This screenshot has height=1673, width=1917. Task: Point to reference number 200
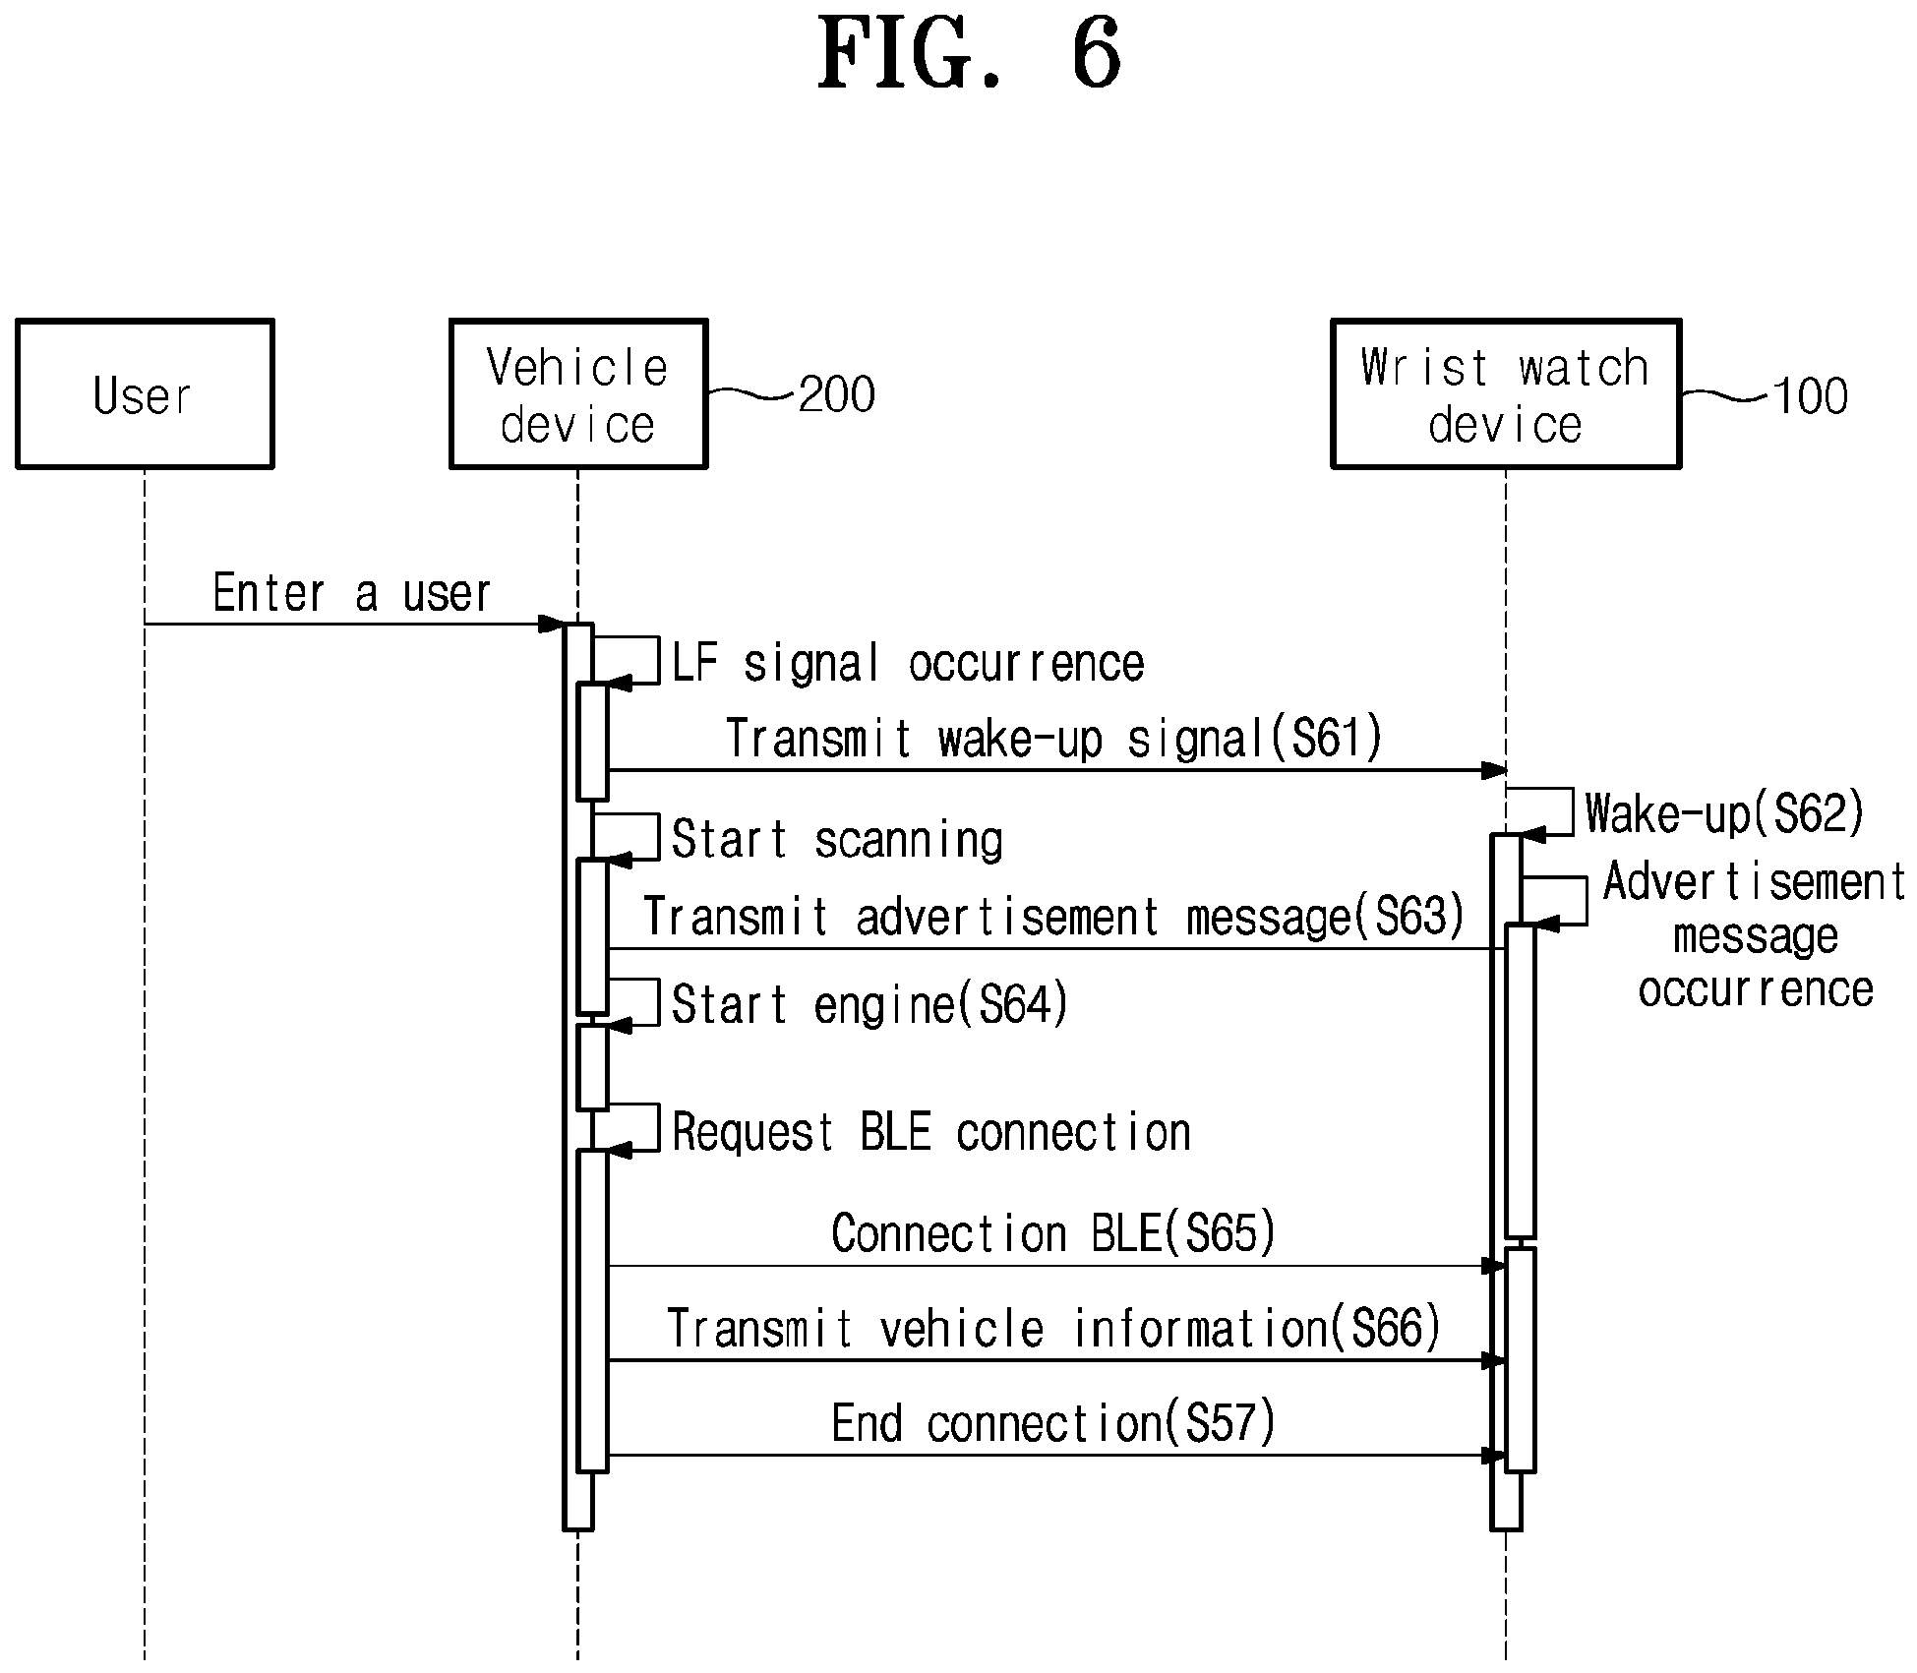(x=836, y=394)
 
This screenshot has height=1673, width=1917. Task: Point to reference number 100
(x=1810, y=396)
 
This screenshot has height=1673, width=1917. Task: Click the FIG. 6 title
(x=970, y=53)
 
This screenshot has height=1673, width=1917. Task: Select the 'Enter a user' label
(x=351, y=593)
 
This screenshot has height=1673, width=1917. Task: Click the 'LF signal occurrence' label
(x=908, y=663)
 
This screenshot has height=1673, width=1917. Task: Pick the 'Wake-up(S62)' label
(x=1725, y=813)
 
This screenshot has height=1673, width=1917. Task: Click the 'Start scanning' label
(x=837, y=840)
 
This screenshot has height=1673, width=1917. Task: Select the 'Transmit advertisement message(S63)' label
(x=1054, y=917)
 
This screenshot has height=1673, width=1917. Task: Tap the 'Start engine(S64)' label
(x=869, y=1005)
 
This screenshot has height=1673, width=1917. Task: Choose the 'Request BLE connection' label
(x=931, y=1132)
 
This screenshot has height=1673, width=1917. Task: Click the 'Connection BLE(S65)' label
(x=1053, y=1233)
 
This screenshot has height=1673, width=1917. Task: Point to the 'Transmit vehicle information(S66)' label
(x=1053, y=1328)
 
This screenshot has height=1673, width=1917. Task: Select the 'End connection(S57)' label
(x=1053, y=1423)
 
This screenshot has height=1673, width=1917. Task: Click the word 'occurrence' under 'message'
(x=1756, y=989)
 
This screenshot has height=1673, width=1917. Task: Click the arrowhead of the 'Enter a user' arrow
(x=552, y=624)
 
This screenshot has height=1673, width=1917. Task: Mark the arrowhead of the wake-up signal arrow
(x=1494, y=770)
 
